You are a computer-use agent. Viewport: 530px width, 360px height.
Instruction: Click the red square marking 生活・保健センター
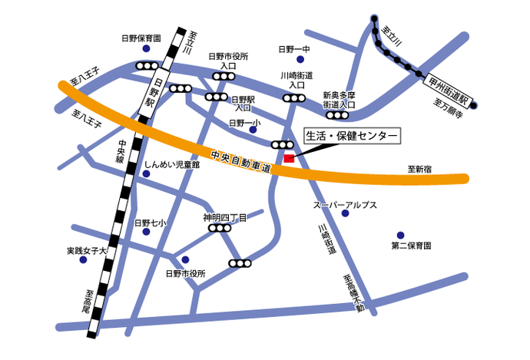(289, 158)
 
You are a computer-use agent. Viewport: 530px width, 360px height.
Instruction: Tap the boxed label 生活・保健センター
(352, 136)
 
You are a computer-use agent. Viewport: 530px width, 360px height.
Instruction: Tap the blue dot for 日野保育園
(146, 50)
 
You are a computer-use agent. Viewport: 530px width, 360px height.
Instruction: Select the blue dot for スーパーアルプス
(345, 213)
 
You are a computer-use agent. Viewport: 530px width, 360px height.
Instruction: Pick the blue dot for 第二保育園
(400, 235)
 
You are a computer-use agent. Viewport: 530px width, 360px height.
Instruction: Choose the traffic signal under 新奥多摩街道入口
(339, 116)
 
